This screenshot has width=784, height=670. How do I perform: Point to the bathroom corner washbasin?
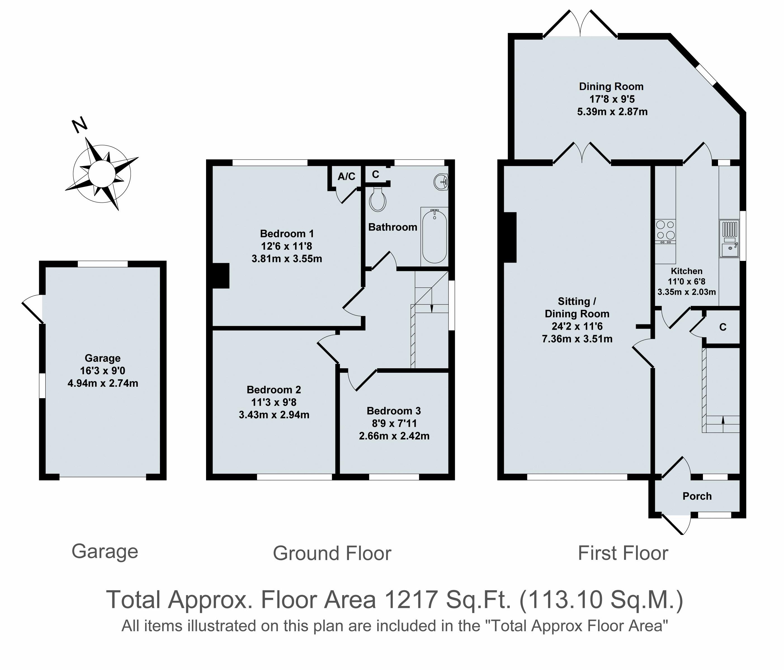(441, 181)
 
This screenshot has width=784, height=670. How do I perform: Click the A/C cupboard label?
(346, 176)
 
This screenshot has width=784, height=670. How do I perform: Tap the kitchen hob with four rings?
(665, 231)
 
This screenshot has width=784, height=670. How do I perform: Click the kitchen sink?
(729, 239)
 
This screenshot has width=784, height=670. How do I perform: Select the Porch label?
(697, 496)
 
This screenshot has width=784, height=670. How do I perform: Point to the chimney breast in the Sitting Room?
(510, 237)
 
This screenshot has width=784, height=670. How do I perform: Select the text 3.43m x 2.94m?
(274, 415)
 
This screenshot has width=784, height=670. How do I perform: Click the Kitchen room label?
(686, 271)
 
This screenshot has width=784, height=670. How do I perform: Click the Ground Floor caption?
(332, 553)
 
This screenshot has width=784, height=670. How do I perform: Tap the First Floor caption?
(623, 553)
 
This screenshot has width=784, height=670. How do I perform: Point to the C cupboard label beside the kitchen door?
(723, 327)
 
